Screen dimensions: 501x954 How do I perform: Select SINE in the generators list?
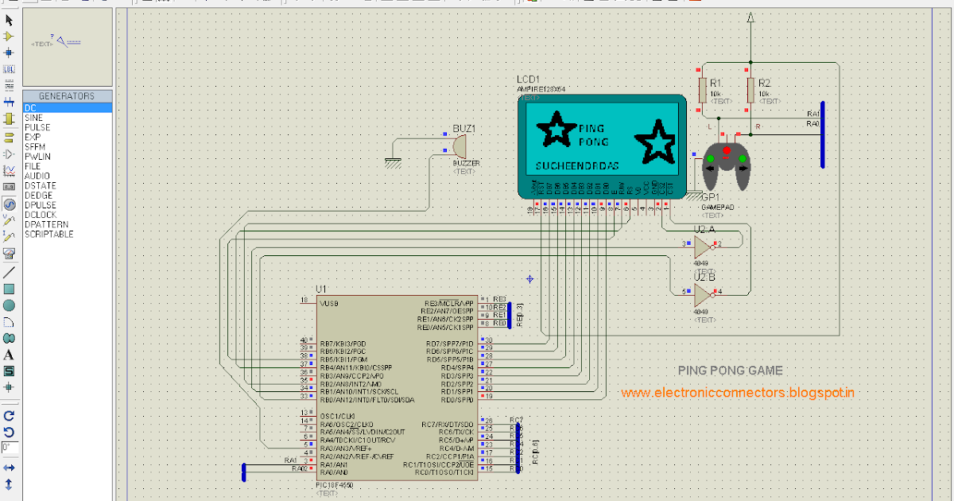coord(33,118)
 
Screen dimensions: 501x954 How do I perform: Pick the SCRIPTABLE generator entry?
coord(48,235)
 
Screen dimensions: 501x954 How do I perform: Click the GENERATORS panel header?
coord(67,96)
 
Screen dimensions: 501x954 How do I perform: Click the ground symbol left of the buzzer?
coord(392,162)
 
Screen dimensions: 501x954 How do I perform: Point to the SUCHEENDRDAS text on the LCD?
coord(576,166)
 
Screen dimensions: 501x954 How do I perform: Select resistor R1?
coord(702,91)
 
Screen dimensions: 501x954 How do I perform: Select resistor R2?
coord(750,91)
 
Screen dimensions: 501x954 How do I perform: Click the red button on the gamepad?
coord(726,150)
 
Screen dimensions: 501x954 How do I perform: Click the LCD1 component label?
coord(528,80)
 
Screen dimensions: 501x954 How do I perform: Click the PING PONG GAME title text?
coord(730,371)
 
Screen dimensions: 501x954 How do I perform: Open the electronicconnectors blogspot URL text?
coord(738,392)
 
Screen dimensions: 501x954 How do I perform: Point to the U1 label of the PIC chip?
coord(320,289)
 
